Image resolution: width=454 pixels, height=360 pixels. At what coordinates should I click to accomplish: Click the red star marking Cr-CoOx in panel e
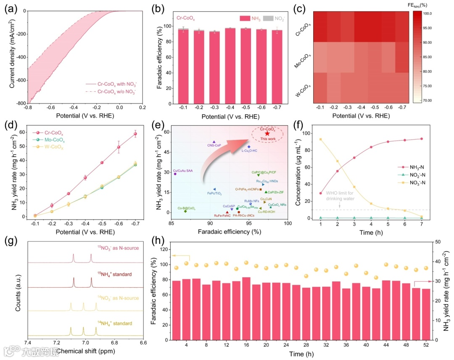click(x=267, y=133)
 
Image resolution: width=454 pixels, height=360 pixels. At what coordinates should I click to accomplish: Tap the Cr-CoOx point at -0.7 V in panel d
click(x=135, y=134)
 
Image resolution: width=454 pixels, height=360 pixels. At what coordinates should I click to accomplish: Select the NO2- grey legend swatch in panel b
click(x=270, y=19)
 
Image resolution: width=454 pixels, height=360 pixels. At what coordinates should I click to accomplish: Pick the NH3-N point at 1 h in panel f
click(x=321, y=193)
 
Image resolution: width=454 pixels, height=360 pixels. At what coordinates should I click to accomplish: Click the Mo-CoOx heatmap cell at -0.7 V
click(x=402, y=57)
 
